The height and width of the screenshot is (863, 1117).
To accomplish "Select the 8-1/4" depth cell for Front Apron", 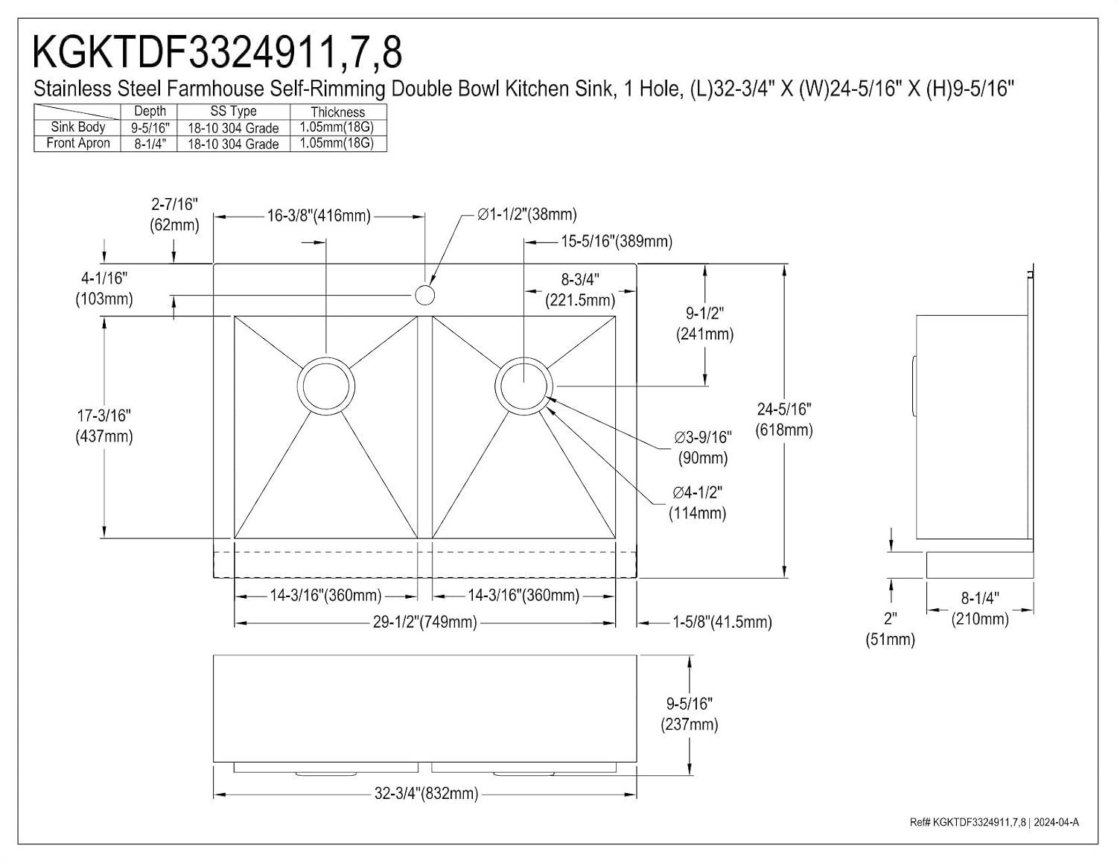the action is [150, 144].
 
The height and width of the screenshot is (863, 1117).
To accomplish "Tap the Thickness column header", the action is [338, 112].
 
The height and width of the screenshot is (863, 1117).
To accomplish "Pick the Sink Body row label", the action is [78, 127].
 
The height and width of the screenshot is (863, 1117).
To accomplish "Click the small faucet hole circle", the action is [424, 295].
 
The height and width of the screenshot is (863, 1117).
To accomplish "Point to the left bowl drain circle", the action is [298, 386].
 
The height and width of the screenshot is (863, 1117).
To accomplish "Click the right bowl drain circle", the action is [496, 386].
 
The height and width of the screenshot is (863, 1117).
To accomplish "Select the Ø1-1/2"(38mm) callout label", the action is [527, 214].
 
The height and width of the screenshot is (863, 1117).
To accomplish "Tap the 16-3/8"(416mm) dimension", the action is [319, 216].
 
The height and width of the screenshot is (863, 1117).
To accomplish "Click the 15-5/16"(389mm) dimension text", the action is [617, 241].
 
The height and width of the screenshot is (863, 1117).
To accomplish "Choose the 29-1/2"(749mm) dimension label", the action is [424, 622].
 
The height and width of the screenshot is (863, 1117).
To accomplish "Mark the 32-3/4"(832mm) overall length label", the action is [426, 793].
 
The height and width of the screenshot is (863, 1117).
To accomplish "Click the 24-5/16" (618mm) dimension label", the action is [784, 419].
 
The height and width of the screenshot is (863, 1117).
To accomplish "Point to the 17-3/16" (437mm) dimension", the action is [104, 426].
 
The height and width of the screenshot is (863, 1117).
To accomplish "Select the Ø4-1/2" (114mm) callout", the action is [698, 503].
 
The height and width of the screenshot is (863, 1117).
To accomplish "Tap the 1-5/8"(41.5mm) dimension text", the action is [722, 622].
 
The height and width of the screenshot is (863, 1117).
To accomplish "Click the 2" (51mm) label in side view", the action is [891, 628].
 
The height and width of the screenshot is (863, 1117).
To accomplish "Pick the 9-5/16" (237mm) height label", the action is [690, 714].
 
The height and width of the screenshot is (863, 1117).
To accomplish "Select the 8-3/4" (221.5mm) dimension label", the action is [580, 290].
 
